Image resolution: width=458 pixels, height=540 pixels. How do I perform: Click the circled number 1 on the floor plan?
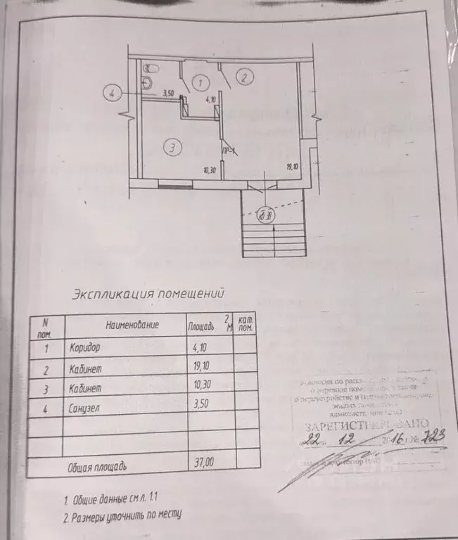[201, 82]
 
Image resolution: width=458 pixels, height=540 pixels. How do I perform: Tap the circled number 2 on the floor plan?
[243, 77]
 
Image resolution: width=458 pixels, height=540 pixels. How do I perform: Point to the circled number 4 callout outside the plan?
[113, 93]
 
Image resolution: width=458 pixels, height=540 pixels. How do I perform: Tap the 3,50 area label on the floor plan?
[168, 92]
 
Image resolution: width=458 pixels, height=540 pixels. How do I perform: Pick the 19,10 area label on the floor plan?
[293, 167]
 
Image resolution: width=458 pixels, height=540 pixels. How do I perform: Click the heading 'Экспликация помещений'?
[148, 293]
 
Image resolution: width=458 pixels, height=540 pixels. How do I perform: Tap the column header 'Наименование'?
[132, 326]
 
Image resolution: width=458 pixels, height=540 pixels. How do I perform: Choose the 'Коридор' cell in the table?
[86, 347]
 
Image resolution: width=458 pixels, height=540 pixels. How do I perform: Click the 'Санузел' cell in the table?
[87, 406]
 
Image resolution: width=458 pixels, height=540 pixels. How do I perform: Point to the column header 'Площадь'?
[204, 326]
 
